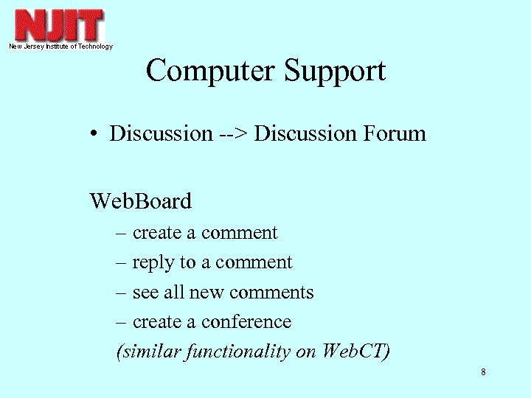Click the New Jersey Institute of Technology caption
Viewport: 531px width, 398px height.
(x=60, y=46)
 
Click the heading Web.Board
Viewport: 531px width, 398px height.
(x=140, y=200)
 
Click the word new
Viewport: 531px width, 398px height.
(x=206, y=293)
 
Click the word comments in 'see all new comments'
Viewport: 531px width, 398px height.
(x=271, y=293)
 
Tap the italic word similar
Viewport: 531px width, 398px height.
(x=141, y=352)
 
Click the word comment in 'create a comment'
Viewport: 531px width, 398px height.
(x=239, y=233)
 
